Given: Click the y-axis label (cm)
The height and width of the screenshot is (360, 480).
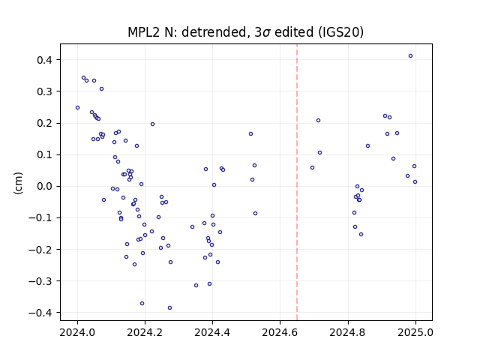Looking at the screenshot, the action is coord(18,183).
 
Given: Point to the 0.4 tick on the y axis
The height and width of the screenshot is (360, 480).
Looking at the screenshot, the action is coord(44,60).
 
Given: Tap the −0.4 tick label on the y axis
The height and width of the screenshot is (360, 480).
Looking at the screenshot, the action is coord(40,313).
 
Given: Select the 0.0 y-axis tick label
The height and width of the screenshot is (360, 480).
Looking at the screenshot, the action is coord(44,187).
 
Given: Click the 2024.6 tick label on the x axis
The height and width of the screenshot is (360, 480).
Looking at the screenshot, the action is coord(280,332).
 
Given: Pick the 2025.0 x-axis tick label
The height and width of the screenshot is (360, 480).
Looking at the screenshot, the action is coord(415,332).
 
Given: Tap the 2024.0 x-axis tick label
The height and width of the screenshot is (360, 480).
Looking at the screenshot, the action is coord(77,332).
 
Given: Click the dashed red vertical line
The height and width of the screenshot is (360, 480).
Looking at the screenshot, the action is coord(297,182).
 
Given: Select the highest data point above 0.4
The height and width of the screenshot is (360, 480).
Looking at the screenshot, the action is coord(410,56).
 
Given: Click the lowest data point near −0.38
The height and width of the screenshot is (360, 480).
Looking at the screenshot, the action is coord(170,308).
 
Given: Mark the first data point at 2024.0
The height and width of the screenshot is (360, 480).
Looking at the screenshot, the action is coord(77,108).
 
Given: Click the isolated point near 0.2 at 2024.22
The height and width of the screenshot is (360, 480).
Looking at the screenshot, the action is coord(152,124).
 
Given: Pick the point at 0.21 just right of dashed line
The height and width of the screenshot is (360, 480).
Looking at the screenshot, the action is coord(318,121).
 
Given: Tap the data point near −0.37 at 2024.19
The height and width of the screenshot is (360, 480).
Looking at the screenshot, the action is coord(142,303).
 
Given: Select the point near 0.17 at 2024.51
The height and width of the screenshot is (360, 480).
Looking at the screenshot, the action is coord(250,134).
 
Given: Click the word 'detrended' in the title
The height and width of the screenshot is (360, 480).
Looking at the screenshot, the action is coord(214,32).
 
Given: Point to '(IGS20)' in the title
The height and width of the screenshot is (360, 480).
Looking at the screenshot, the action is coord(340,32).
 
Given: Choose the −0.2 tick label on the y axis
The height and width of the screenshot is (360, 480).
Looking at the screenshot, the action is coord(40,250).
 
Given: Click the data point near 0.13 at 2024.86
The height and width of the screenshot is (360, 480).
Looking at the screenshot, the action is coord(367,146).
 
